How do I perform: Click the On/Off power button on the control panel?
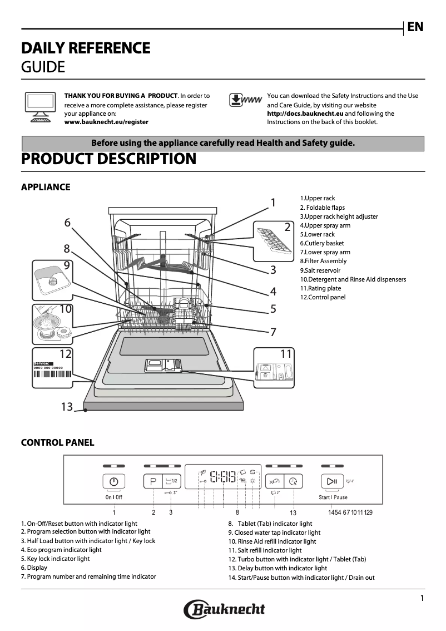click(x=114, y=482)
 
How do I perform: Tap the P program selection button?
click(x=152, y=481)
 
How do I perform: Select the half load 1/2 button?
click(x=171, y=481)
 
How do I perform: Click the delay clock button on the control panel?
click(x=293, y=482)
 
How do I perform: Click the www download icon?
click(x=245, y=100)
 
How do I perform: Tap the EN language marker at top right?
click(x=415, y=27)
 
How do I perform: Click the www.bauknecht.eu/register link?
click(x=106, y=122)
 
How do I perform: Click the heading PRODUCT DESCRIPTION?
click(x=108, y=159)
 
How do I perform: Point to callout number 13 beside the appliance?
click(x=67, y=407)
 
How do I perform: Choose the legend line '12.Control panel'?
click(x=323, y=297)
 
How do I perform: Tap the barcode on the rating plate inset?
click(x=53, y=374)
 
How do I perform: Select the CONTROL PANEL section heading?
click(x=57, y=443)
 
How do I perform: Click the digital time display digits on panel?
click(x=222, y=477)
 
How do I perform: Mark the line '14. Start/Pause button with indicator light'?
click(x=301, y=578)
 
